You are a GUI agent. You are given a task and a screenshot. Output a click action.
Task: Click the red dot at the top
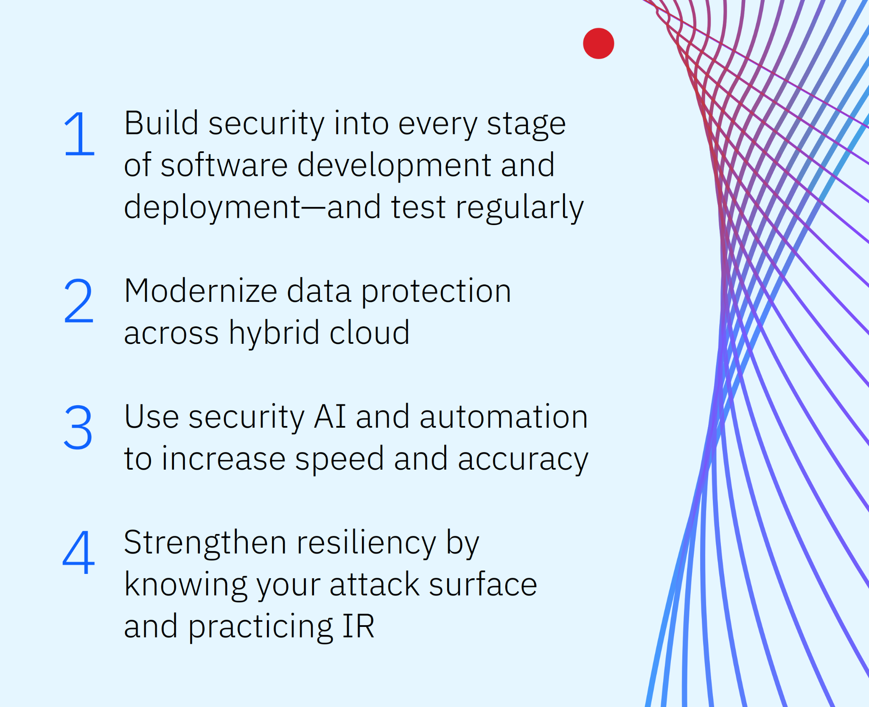pyautogui.click(x=598, y=43)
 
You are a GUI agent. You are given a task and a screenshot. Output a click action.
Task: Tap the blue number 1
pyautogui.click(x=79, y=133)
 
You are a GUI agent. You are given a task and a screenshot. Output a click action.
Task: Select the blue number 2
pyautogui.click(x=78, y=301)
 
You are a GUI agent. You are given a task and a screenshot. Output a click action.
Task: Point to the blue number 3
pyautogui.click(x=78, y=427)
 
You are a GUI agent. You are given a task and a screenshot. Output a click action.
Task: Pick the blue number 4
pyautogui.click(x=78, y=552)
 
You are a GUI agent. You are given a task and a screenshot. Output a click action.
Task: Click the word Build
pyautogui.click(x=161, y=123)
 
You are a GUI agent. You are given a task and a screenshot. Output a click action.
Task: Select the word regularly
pyautogui.click(x=520, y=208)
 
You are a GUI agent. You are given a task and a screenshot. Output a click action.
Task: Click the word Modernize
pyautogui.click(x=201, y=291)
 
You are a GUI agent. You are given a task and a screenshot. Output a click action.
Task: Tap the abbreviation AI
pyautogui.click(x=330, y=417)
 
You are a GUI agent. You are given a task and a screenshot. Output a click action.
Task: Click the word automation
pyautogui.click(x=504, y=417)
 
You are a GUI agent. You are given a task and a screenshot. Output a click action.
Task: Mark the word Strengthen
pyautogui.click(x=205, y=543)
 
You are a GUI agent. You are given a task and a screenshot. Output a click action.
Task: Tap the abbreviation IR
pyautogui.click(x=359, y=626)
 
